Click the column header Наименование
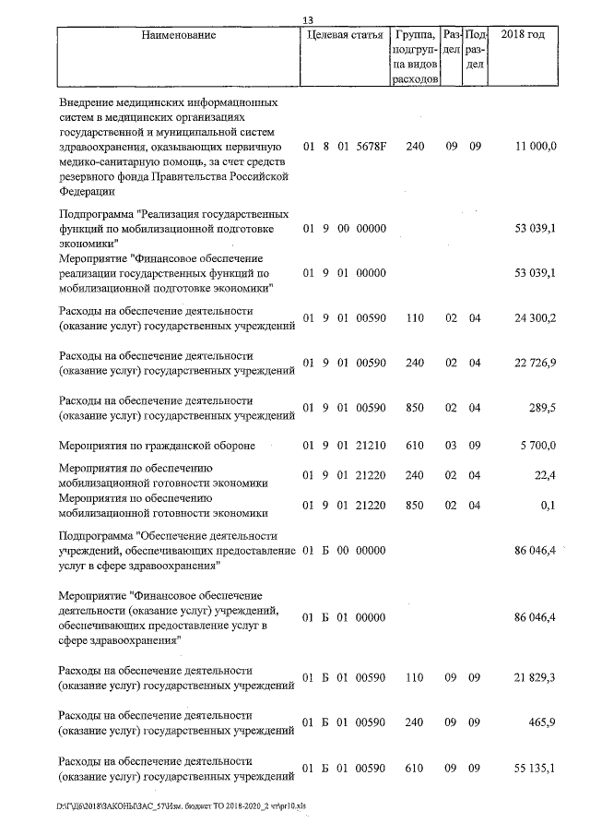(x=179, y=35)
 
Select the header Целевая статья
(x=344, y=35)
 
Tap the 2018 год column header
(x=522, y=35)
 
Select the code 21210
(x=370, y=447)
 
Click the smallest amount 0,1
(x=549, y=506)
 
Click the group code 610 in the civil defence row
(x=415, y=447)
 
